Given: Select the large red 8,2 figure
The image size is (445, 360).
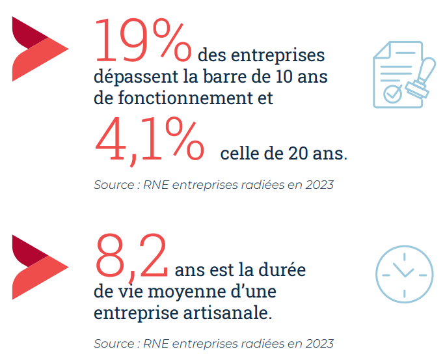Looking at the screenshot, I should point(131,256).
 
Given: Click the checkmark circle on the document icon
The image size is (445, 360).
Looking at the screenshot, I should point(392,94).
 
